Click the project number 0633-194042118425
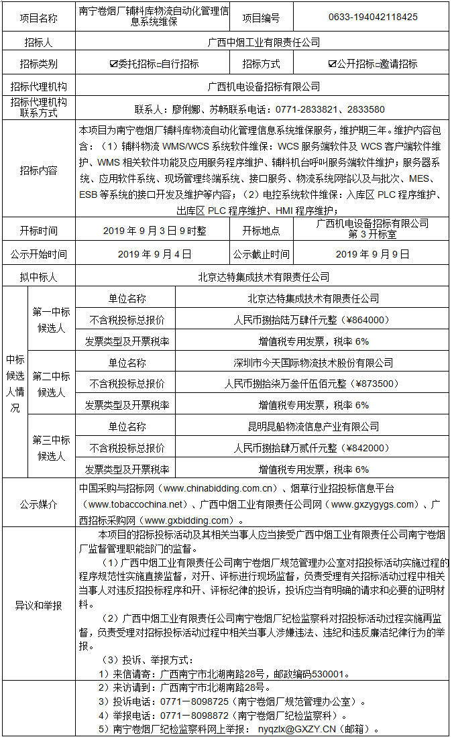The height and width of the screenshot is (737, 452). click(x=374, y=17)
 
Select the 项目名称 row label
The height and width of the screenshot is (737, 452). click(x=38, y=17)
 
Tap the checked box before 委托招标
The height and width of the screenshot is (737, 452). click(x=113, y=64)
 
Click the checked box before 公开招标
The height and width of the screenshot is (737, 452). click(x=332, y=64)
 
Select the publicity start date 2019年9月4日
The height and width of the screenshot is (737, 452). click(x=155, y=254)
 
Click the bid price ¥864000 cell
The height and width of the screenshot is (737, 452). click(x=313, y=320)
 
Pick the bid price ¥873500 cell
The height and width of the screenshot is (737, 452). click(x=313, y=384)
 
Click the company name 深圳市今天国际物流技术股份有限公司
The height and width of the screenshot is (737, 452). click(x=313, y=363)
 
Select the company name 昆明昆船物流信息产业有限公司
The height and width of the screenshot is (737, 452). click(x=313, y=427)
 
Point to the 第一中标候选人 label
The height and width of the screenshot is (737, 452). click(x=51, y=320)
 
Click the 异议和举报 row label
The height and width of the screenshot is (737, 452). click(x=38, y=606)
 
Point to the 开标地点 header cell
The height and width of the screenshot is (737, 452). click(x=262, y=230)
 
